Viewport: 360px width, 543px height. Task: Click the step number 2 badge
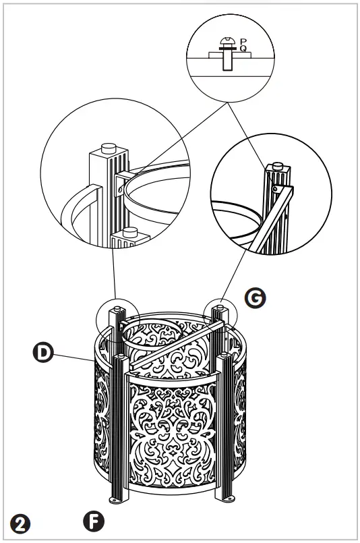(x=20, y=522)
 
